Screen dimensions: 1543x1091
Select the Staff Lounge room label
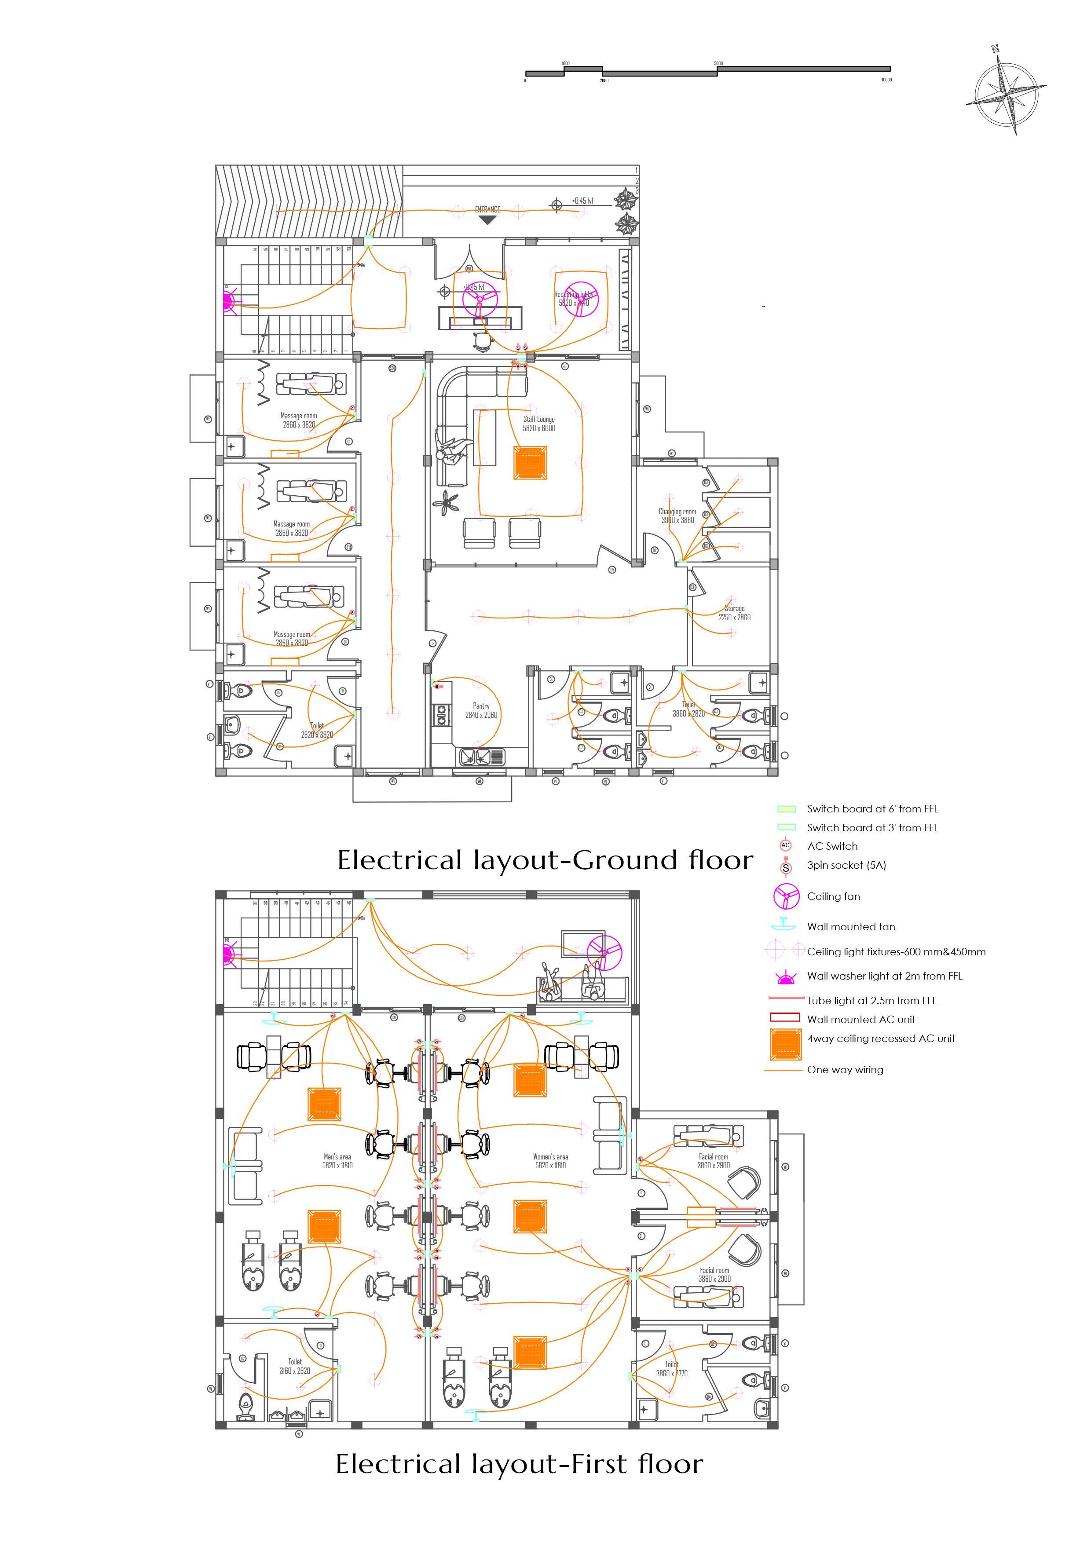tap(539, 424)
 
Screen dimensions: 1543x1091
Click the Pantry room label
tap(481, 710)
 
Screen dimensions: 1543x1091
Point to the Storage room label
tap(734, 613)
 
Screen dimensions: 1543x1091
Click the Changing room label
tap(677, 516)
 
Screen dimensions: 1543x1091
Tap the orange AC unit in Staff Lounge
tap(531, 463)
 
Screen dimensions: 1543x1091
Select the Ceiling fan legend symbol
tap(785, 896)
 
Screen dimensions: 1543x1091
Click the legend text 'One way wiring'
tap(845, 1070)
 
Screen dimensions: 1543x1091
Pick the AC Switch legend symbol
tap(785, 846)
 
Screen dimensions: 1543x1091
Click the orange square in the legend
tap(785, 1044)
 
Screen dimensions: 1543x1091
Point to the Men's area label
tap(337, 1161)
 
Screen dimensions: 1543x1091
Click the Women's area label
tap(550, 1161)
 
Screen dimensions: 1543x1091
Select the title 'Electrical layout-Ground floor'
tap(545, 860)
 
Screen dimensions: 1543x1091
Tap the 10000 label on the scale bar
tap(886, 80)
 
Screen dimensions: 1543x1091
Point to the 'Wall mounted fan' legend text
tap(851, 927)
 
